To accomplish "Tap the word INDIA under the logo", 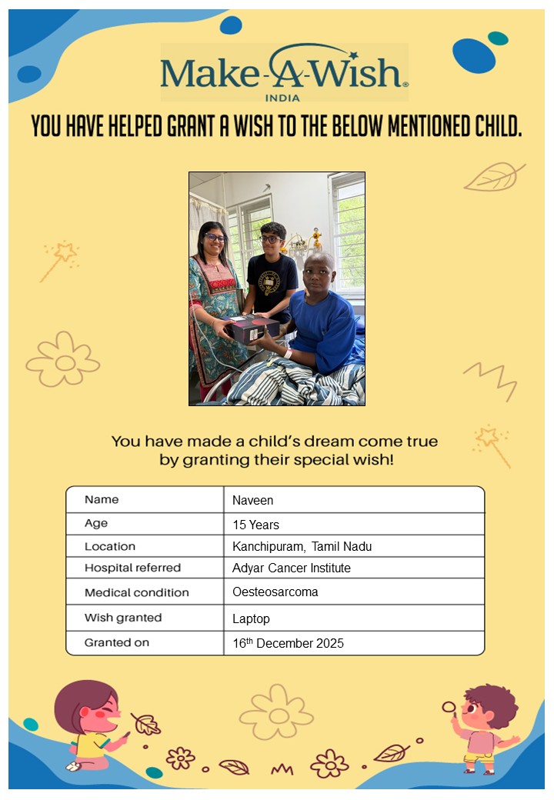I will (x=282, y=98).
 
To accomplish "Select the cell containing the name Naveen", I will (x=253, y=501).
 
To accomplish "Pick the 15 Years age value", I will (x=255, y=525).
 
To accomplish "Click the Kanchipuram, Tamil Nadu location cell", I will (x=302, y=547).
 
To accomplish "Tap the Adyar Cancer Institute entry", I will (x=291, y=568).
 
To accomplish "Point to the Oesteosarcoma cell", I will (x=275, y=592).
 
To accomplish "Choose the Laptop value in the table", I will (x=251, y=618).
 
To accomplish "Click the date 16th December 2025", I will (x=288, y=643).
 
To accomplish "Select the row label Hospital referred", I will (x=132, y=568).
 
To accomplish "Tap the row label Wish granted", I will (x=123, y=618).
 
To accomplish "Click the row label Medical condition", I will (x=136, y=593).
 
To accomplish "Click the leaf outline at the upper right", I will (x=494, y=177).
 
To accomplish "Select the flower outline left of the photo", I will (x=63, y=359).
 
